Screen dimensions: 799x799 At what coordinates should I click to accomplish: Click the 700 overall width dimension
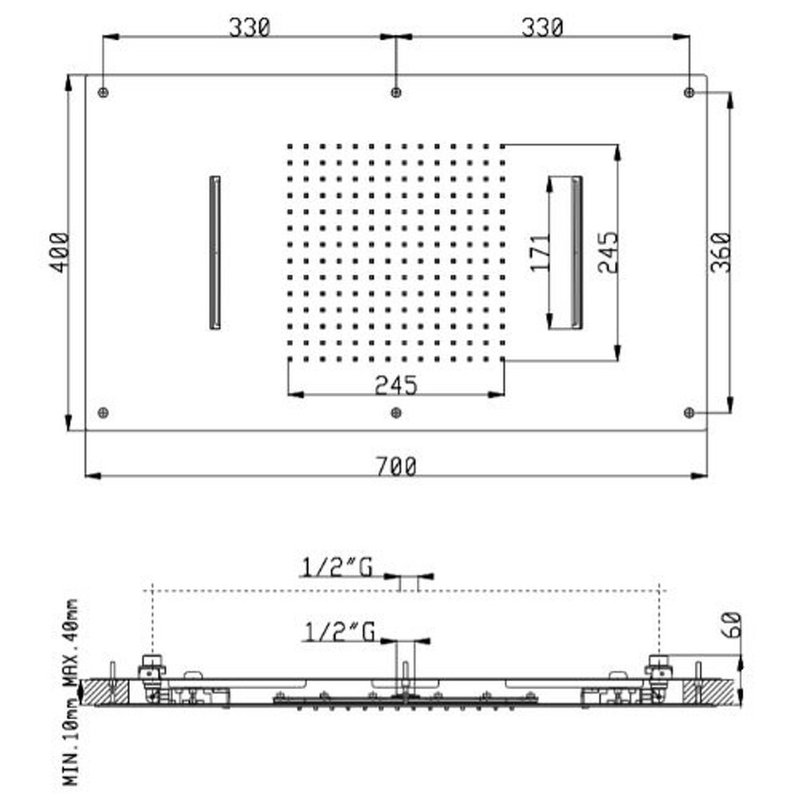396,466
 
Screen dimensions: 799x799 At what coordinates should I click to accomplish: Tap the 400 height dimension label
59,253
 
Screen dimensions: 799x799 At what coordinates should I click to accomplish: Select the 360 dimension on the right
721,253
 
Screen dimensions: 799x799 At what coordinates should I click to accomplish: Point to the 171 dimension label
541,253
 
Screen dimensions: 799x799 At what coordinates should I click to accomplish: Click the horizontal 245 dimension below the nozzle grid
396,385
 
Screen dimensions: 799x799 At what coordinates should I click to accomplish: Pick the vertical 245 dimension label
608,253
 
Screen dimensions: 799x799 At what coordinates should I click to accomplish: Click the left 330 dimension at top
249,27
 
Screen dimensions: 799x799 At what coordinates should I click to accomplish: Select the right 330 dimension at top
542,27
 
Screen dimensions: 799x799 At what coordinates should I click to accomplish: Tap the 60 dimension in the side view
732,625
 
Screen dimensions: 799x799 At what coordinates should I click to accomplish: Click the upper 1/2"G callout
337,567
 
